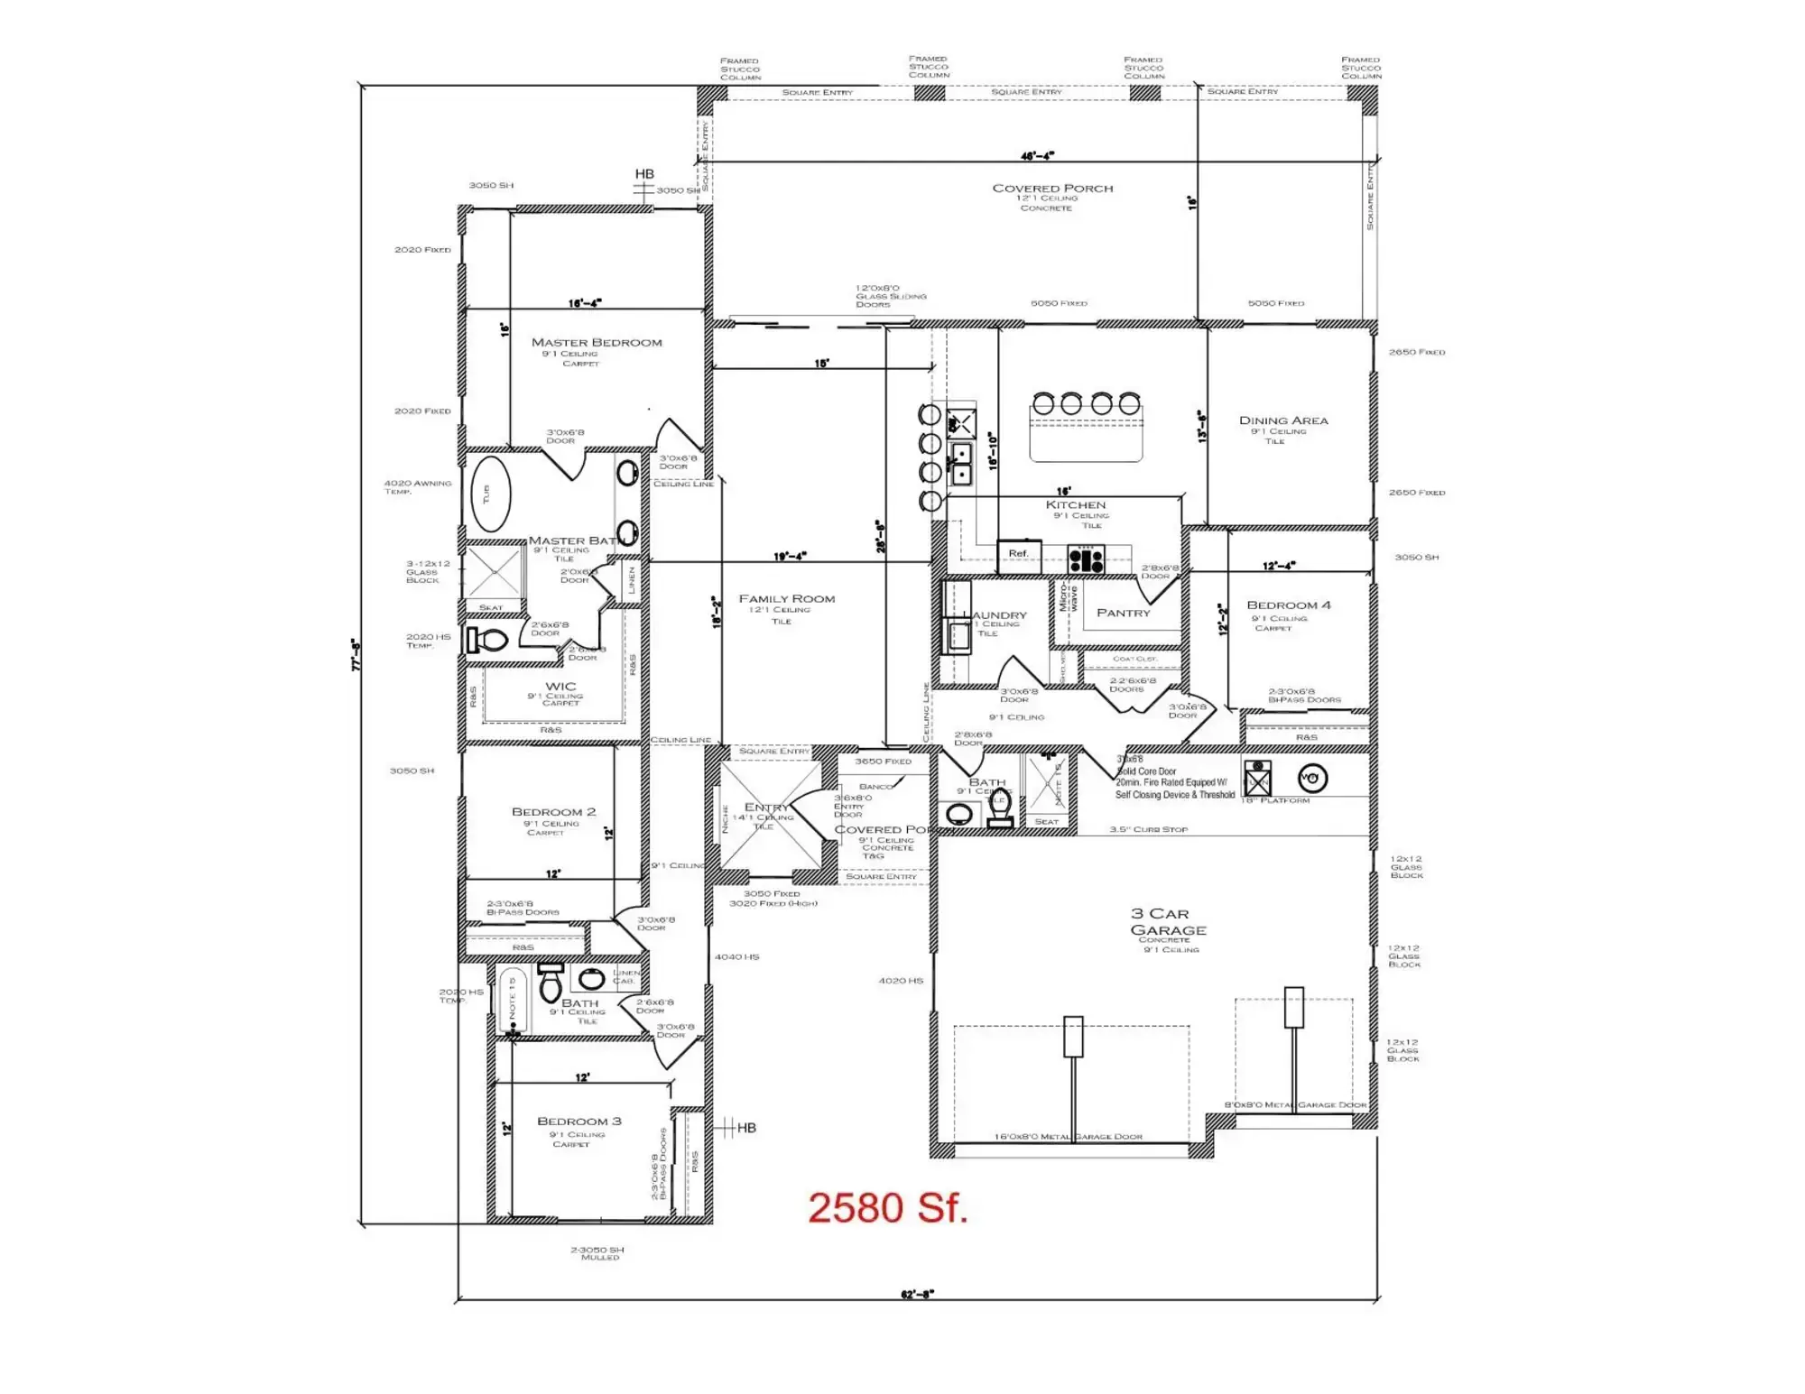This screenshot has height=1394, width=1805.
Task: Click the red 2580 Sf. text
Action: coord(887,1208)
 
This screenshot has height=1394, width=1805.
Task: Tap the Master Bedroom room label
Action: coord(597,343)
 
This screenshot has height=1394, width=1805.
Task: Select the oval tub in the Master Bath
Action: coord(490,494)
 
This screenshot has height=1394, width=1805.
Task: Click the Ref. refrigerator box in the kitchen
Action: coord(1019,554)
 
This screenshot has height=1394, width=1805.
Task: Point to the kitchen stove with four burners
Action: coord(1086,559)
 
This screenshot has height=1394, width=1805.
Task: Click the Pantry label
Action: coord(1124,613)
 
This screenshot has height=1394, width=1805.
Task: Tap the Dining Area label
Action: coord(1283,420)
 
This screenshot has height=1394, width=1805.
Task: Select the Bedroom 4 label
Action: coord(1289,605)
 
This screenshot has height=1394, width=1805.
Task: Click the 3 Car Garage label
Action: coord(1167,922)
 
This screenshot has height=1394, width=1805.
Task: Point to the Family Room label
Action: coord(787,599)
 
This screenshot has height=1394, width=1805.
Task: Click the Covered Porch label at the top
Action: coord(1052,189)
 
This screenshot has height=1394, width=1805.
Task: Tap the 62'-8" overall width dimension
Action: coord(917,1295)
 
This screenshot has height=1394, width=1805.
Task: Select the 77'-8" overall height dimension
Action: coord(356,654)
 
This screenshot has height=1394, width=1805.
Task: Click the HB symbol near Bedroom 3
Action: coord(745,1128)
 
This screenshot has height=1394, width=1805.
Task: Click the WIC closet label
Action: coord(560,687)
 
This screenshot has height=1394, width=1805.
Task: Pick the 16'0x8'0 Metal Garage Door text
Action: coord(1068,1137)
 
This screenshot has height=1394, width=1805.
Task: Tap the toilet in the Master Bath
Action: coord(487,641)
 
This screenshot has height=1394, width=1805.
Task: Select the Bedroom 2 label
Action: coord(553,812)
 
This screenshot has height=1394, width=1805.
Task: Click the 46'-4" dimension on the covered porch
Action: coord(1037,156)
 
